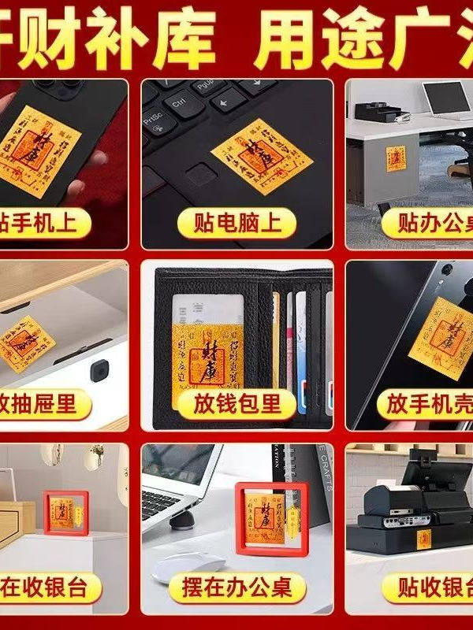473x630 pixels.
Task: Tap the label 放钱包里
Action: [x=237, y=404]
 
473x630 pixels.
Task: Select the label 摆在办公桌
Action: [x=237, y=587]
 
